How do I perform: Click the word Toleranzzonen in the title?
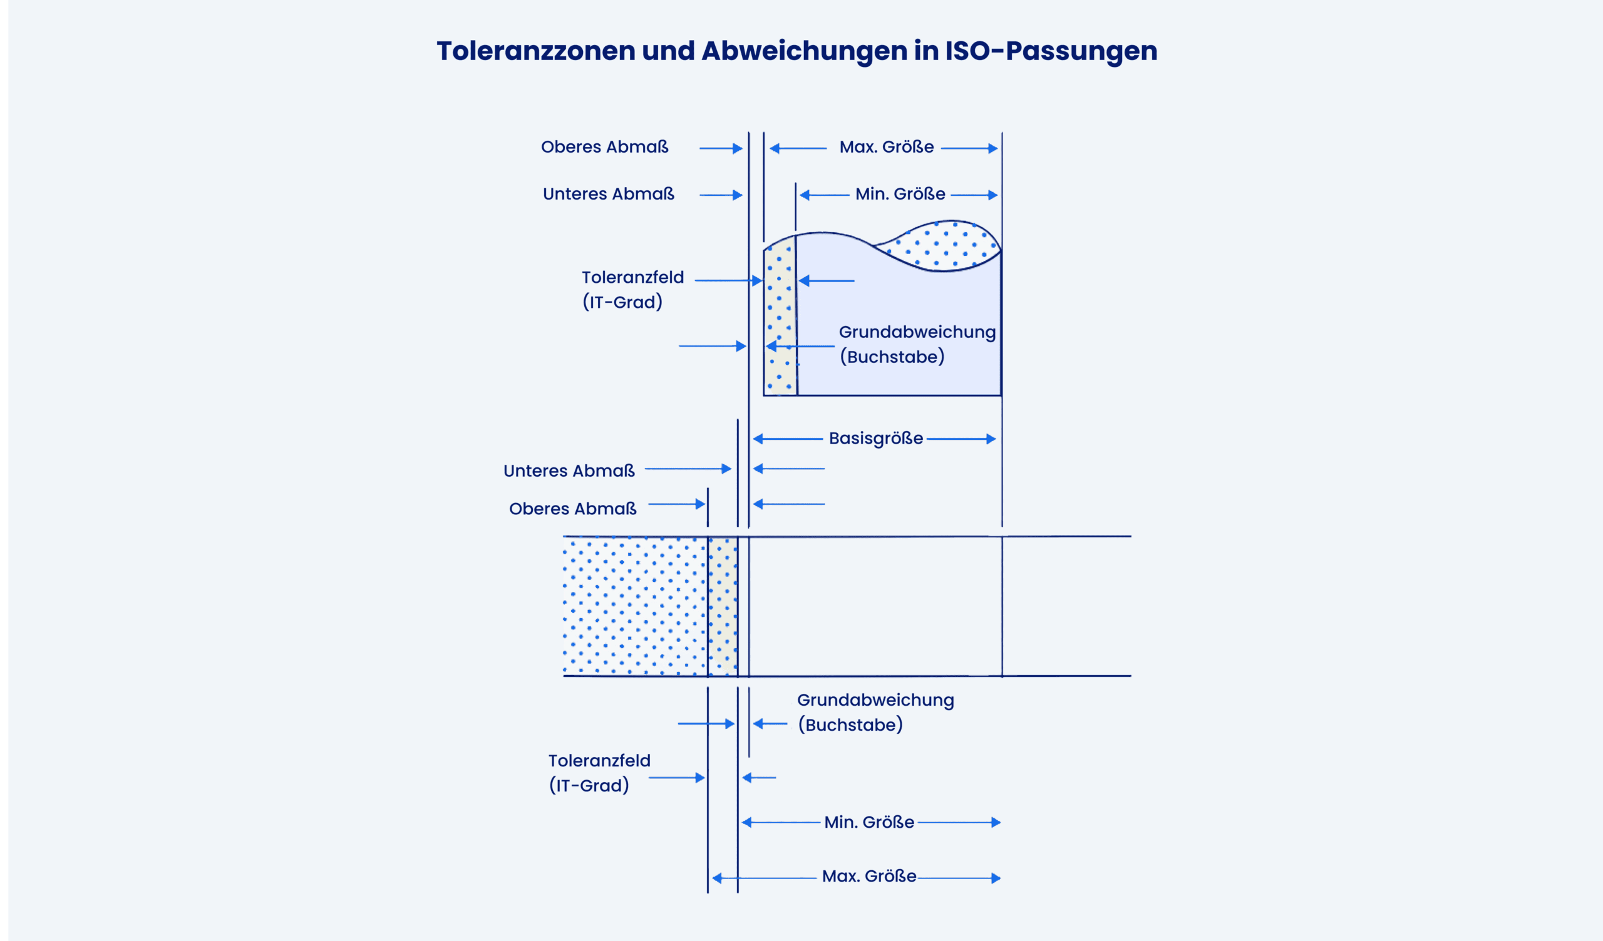535,51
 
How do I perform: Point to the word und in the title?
668,51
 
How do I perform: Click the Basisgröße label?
876,438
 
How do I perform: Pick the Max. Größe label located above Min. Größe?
887,147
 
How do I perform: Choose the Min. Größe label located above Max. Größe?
869,822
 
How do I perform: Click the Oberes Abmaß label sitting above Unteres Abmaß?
604,147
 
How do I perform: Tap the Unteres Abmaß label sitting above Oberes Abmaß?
569,470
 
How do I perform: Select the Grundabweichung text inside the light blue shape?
917,332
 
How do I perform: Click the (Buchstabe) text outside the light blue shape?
850,725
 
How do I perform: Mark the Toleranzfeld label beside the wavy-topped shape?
633,277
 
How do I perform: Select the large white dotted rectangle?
636,606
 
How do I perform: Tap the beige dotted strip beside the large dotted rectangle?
723,606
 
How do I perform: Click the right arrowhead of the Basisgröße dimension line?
991,439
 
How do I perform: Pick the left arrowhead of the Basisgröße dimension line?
758,439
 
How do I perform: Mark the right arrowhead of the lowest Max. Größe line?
996,878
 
